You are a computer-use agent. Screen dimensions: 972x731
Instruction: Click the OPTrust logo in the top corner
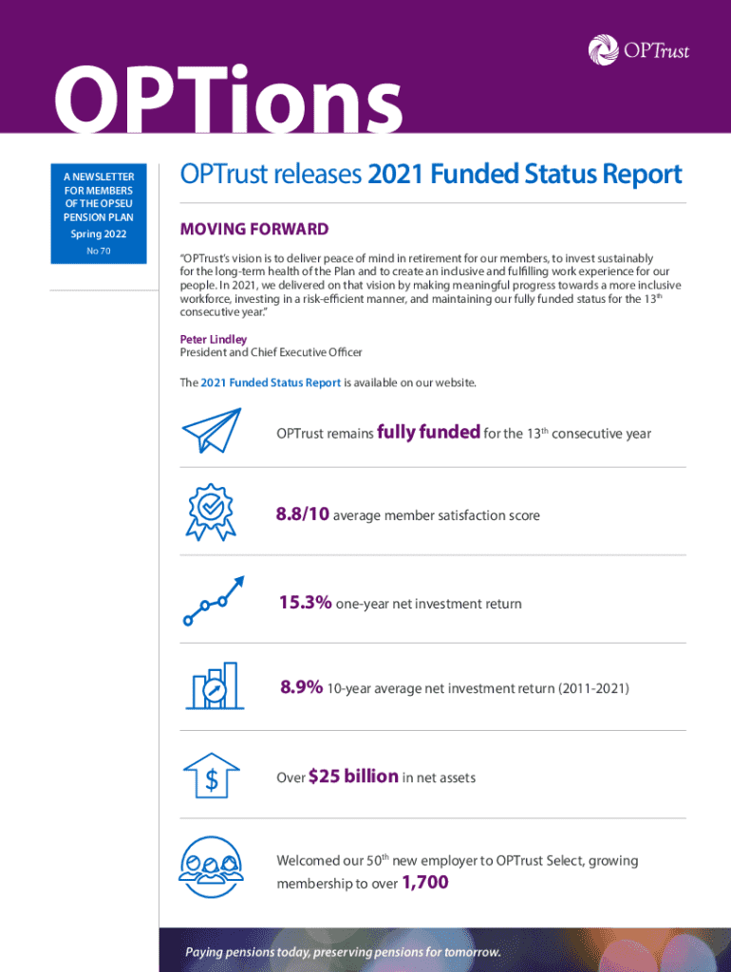[x=638, y=48]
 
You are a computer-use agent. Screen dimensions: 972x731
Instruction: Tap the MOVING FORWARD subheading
[x=254, y=229]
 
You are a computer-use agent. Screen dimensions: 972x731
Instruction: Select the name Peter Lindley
[x=214, y=339]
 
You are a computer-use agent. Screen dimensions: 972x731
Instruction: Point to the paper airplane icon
[x=212, y=430]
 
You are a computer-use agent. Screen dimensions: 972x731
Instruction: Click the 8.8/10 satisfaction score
[x=303, y=514]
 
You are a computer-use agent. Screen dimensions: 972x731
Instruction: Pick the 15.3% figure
[x=306, y=603]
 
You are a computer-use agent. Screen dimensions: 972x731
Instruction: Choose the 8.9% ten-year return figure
[x=302, y=687]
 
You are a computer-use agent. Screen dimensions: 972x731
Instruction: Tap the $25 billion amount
[x=353, y=776]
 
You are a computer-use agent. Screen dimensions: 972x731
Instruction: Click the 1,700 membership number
[x=424, y=884]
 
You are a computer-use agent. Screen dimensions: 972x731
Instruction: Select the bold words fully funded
[x=428, y=432]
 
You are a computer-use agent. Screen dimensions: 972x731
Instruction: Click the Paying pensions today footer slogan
[x=343, y=952]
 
